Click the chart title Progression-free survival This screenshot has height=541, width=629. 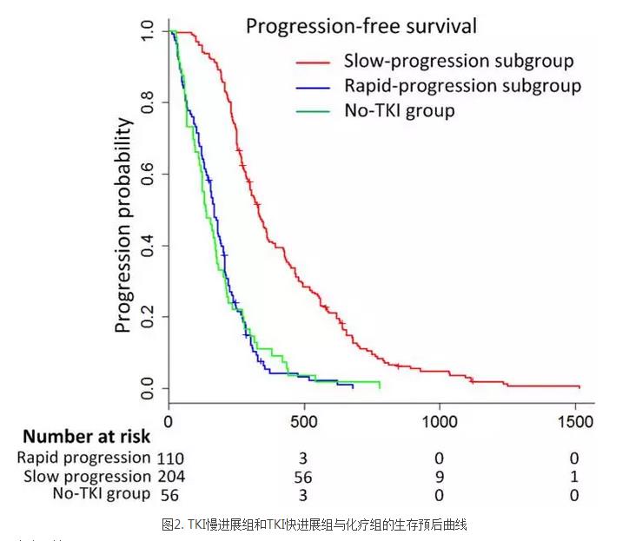[x=361, y=26]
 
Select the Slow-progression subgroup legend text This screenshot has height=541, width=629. [x=459, y=62]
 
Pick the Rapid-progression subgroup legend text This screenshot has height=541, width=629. [x=462, y=86]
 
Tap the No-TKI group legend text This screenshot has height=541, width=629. [x=399, y=110]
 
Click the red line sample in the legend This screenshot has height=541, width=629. [x=312, y=62]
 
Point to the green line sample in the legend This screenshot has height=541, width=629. [x=312, y=111]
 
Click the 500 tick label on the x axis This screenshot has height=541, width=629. [x=304, y=422]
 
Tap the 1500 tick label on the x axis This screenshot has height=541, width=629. [x=573, y=422]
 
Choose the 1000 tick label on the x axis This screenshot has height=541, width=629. [x=439, y=422]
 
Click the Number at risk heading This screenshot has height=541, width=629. [x=86, y=437]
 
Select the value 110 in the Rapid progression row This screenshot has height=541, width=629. [x=171, y=458]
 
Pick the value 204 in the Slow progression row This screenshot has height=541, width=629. [x=171, y=477]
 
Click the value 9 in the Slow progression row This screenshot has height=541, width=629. [x=439, y=477]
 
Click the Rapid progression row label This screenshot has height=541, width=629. [x=83, y=458]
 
